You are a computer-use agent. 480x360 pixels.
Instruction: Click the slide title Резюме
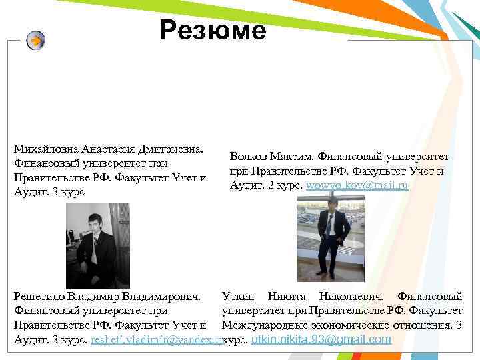pyautogui.click(x=213, y=30)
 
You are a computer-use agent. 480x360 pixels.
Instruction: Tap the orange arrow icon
pyautogui.click(x=36, y=41)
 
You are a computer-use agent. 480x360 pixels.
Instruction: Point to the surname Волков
pyautogui.click(x=250, y=157)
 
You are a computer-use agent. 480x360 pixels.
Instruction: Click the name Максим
pyautogui.click(x=293, y=157)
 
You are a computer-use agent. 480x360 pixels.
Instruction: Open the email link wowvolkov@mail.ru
pyautogui.click(x=357, y=185)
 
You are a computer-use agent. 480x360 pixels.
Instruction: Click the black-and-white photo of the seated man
pyautogui.click(x=97, y=245)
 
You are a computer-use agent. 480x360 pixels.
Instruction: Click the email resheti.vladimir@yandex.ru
pyautogui.click(x=157, y=340)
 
